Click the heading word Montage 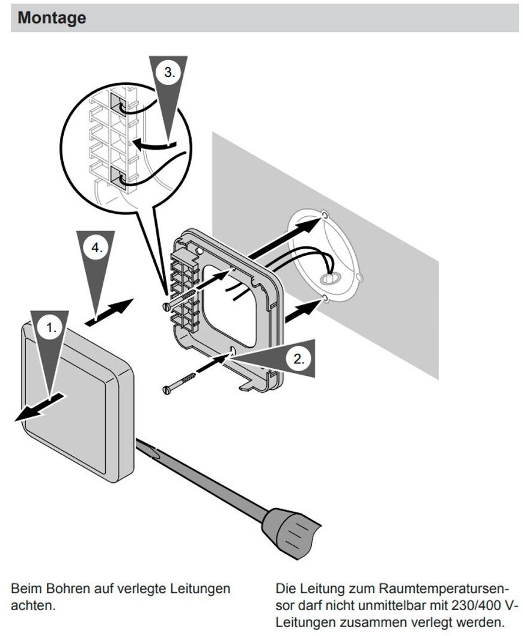(x=52, y=18)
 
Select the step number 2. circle (x=299, y=359)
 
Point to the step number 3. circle (x=170, y=73)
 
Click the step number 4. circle (x=97, y=247)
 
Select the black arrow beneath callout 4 (x=109, y=312)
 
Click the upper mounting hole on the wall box (x=325, y=214)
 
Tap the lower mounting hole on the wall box (x=325, y=299)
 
